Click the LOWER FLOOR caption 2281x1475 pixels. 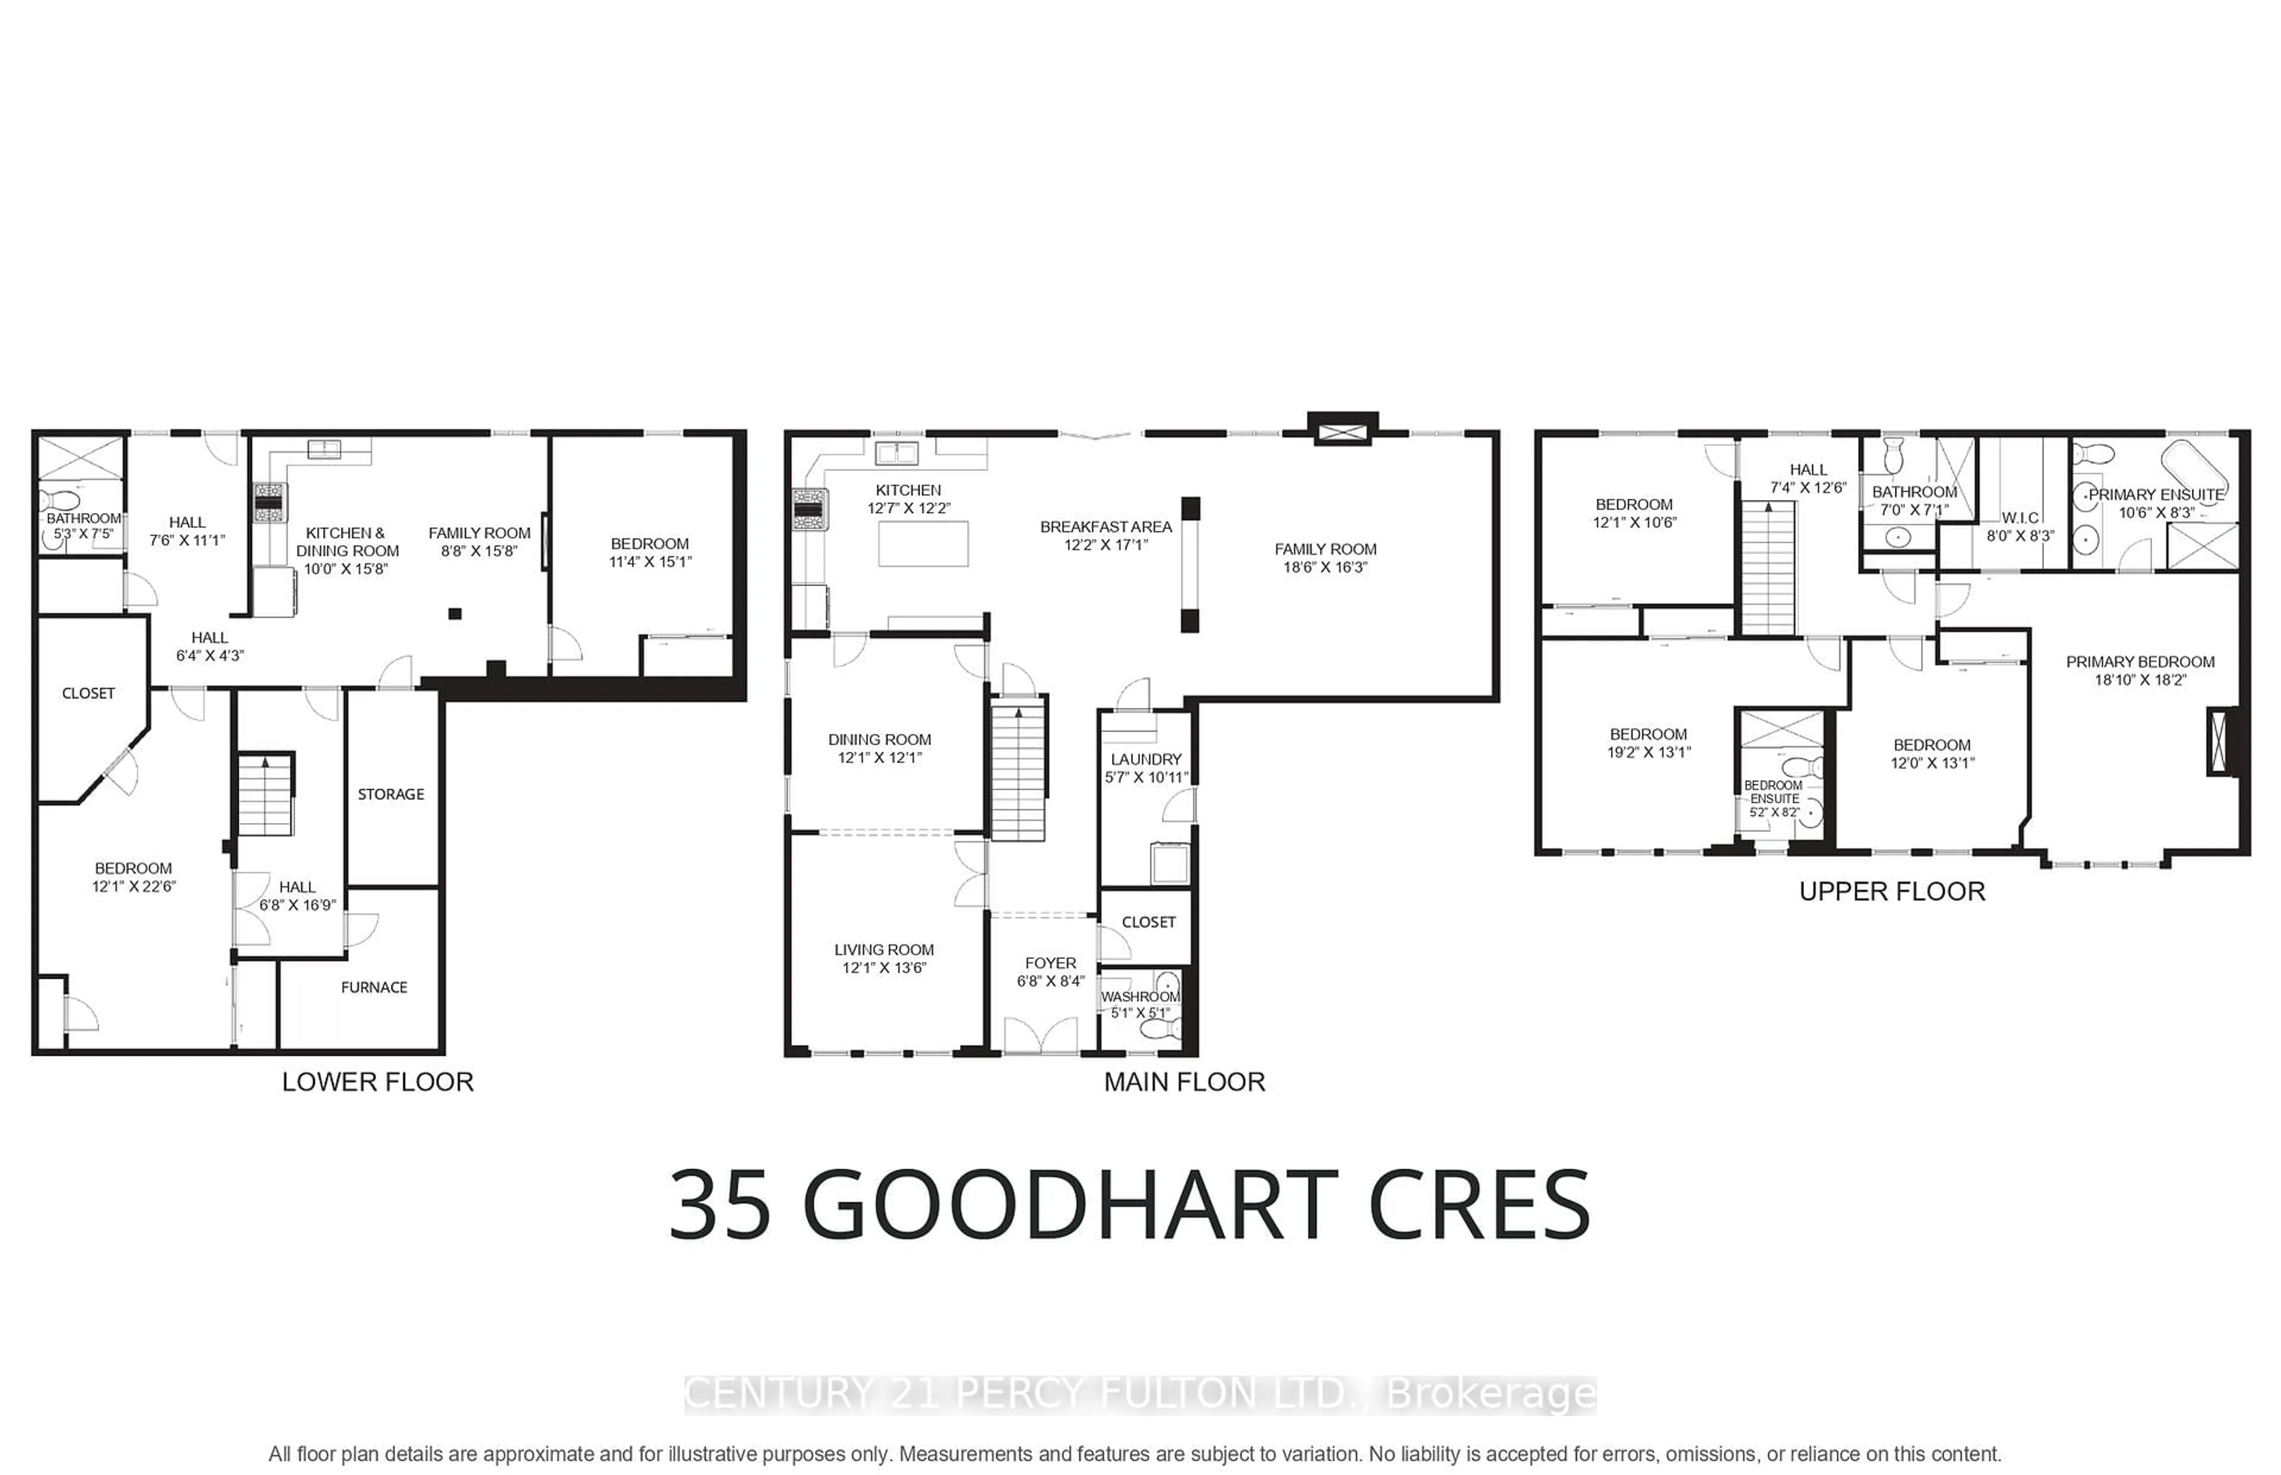click(377, 1082)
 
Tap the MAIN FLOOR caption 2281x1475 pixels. click(1184, 1082)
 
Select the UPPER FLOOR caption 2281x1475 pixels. click(1892, 892)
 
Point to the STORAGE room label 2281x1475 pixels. click(391, 794)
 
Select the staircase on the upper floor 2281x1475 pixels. click(1768, 569)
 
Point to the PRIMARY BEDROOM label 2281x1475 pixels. click(2140, 662)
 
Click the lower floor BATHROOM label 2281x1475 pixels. click(84, 518)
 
